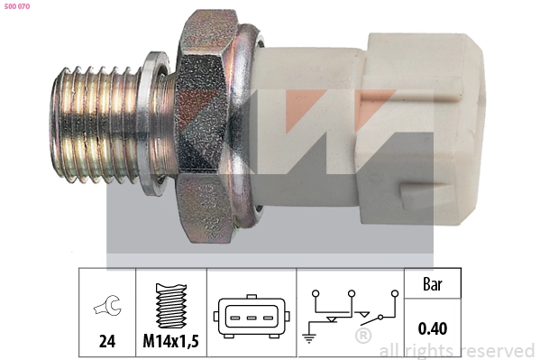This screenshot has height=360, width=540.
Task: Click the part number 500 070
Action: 17,7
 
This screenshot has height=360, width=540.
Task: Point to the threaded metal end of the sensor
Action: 95,123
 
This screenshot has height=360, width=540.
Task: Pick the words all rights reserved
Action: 457,350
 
